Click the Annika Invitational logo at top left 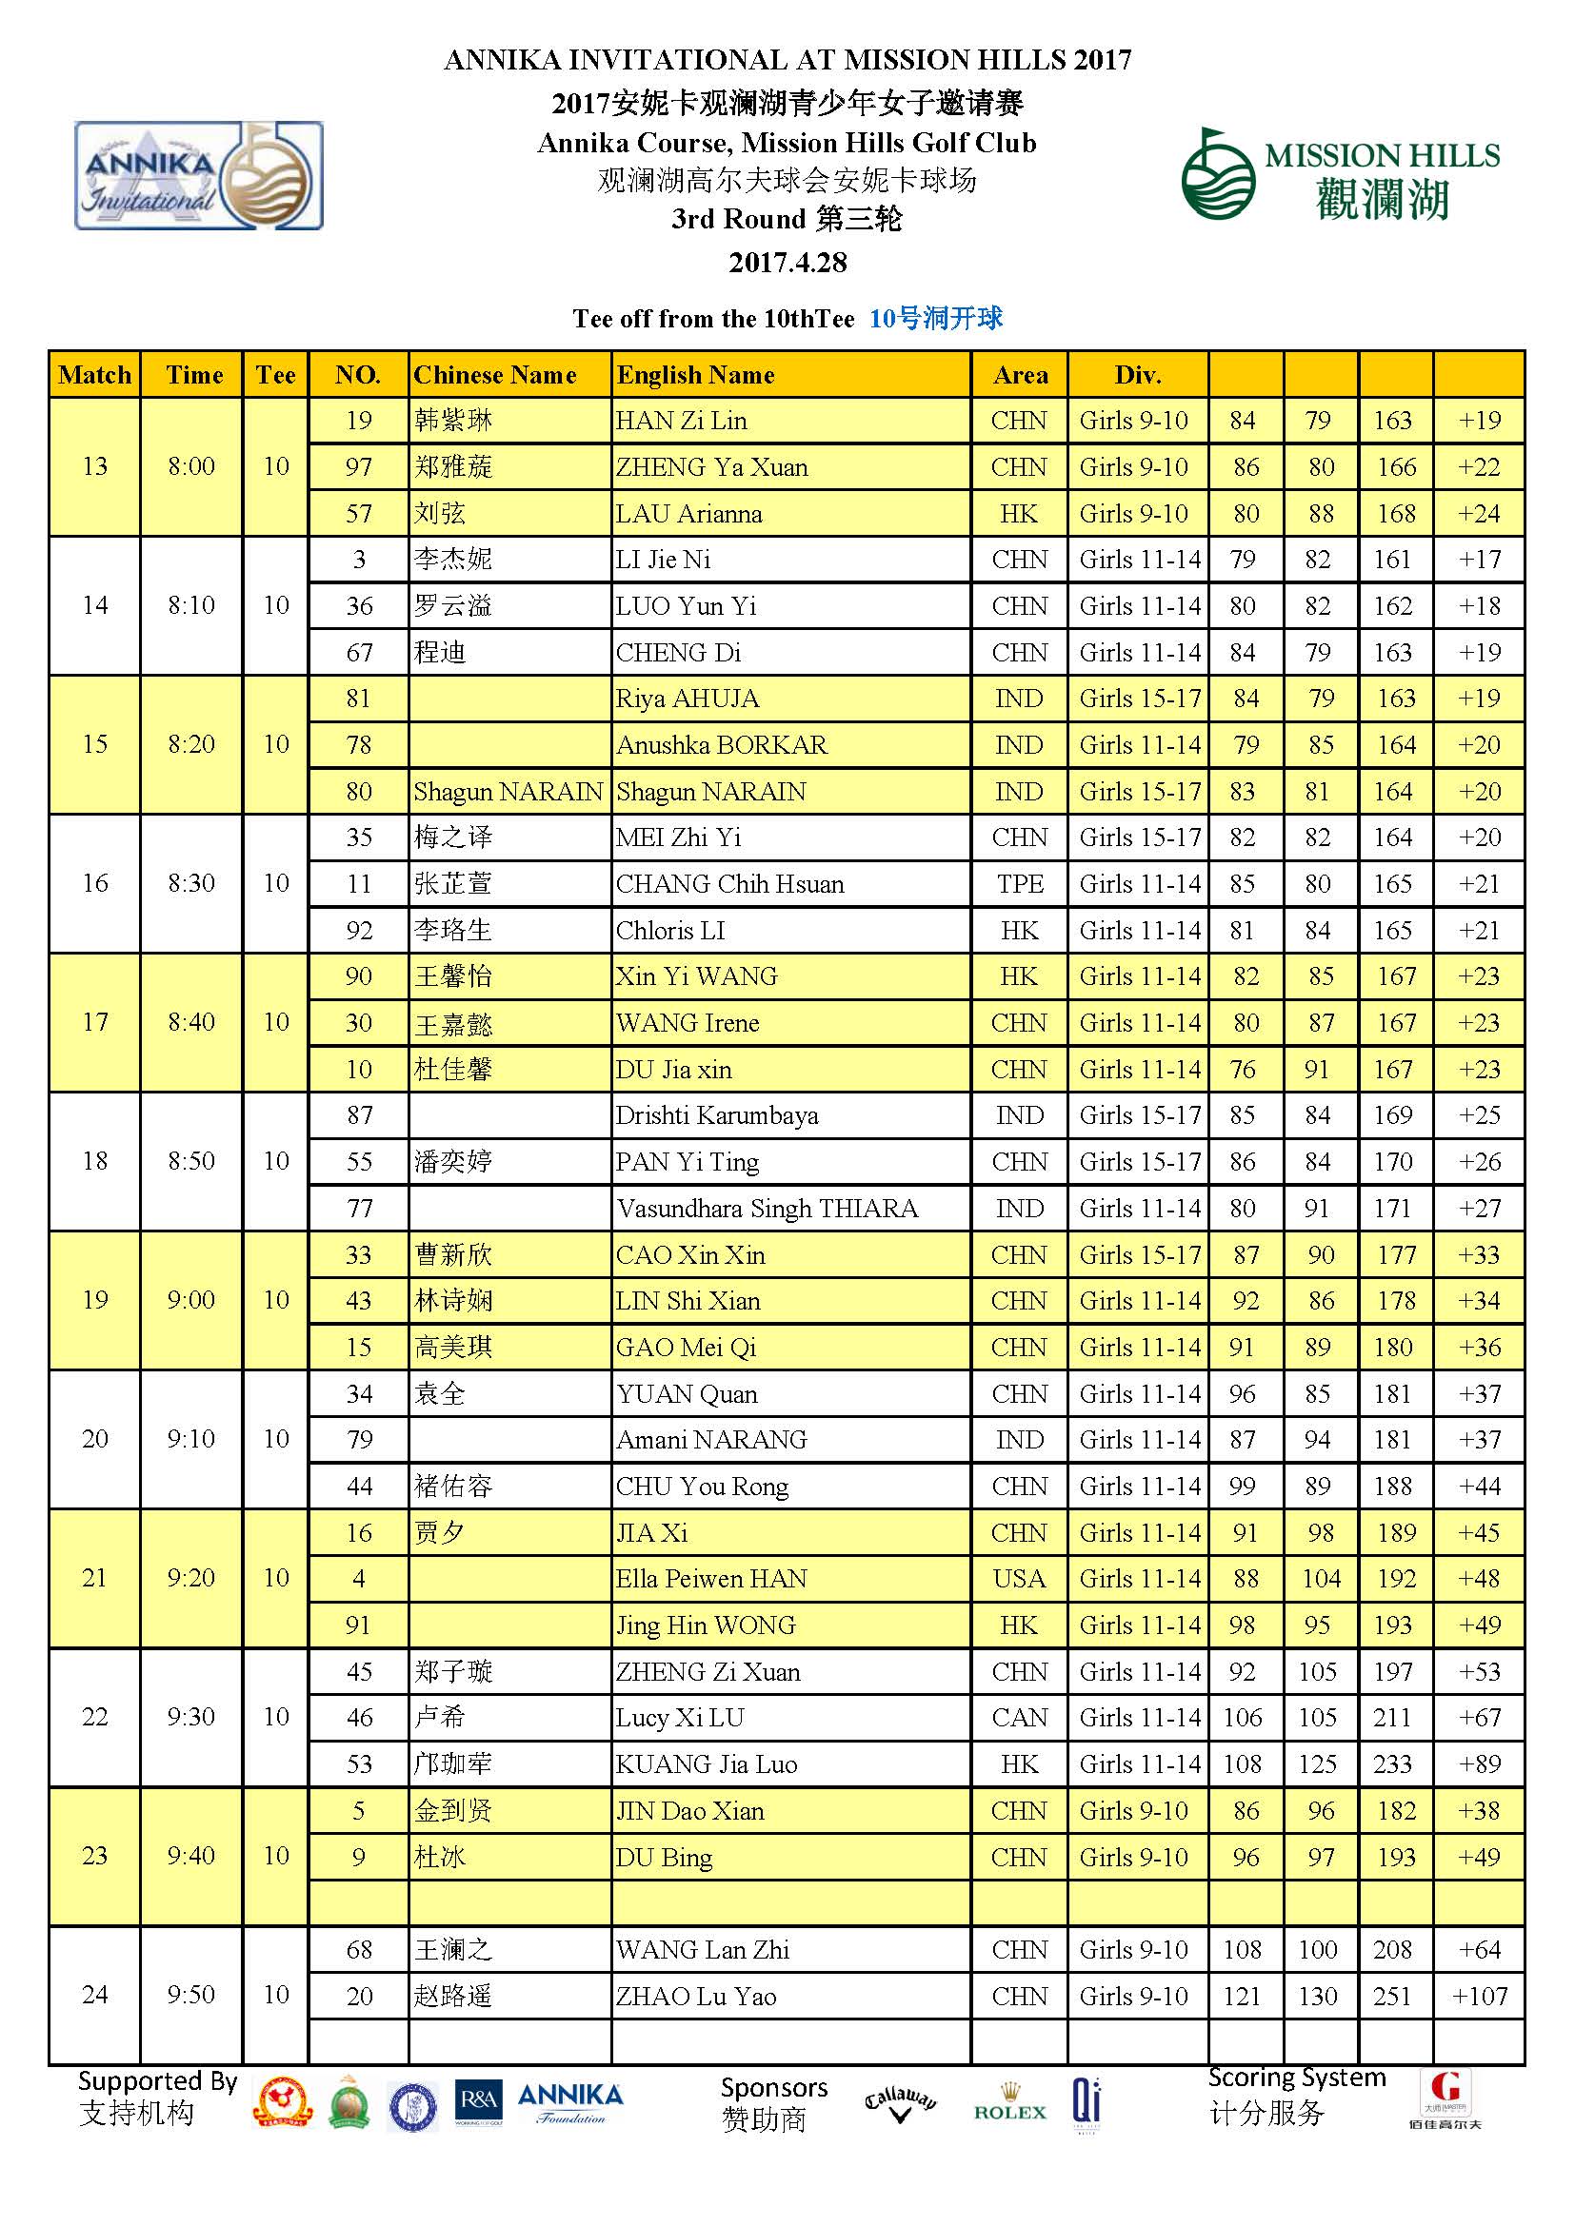[x=199, y=175]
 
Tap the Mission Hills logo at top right [x=1341, y=175]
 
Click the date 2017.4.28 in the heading [x=787, y=263]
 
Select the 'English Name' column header [x=695, y=375]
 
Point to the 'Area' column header [x=1020, y=375]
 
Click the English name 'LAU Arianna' [x=688, y=514]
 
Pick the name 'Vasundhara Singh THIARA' [x=768, y=1209]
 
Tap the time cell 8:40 [x=191, y=1022]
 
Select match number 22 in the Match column [x=94, y=1717]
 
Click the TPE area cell [x=1019, y=884]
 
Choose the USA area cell [x=1019, y=1578]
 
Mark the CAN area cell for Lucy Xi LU [x=1019, y=1718]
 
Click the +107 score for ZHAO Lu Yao [x=1479, y=1997]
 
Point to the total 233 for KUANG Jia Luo [x=1393, y=1764]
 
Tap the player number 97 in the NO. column [x=359, y=467]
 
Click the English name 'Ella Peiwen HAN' [x=711, y=1578]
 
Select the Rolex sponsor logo [x=1009, y=2103]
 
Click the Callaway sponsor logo [x=900, y=2104]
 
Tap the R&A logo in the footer [x=478, y=2104]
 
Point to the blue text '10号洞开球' [x=935, y=318]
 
